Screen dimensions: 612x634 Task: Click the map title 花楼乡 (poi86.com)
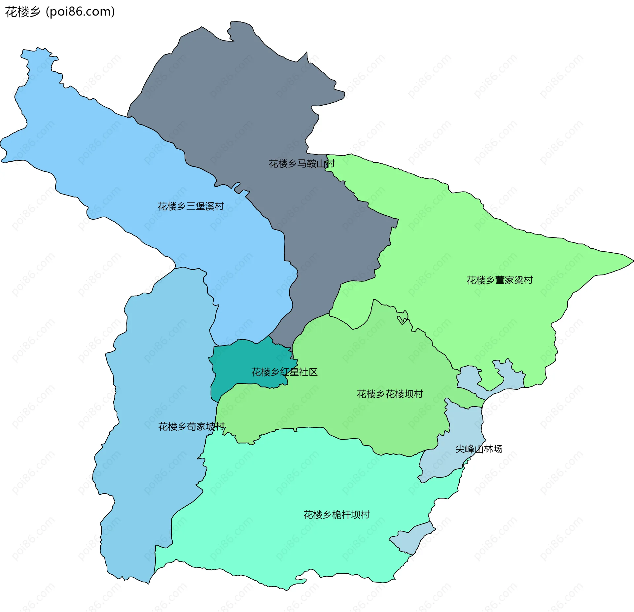pos(60,12)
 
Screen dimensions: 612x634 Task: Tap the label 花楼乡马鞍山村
pos(301,163)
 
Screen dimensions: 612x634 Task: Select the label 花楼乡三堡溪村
pos(191,206)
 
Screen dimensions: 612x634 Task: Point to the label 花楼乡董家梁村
pos(500,280)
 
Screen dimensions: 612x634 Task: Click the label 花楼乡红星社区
pos(284,372)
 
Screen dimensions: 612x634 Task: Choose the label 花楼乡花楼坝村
pos(390,394)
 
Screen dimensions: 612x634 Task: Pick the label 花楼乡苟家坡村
pos(192,426)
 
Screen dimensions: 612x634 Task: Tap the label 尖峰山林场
pos(479,449)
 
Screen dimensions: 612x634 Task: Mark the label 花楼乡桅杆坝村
pos(336,515)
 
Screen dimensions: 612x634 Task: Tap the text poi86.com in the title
pos(80,12)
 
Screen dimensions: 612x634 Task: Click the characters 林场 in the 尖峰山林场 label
pos(493,449)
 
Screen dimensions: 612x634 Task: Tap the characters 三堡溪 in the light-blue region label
pos(200,206)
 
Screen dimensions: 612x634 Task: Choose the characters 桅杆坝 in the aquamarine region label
pos(346,515)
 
